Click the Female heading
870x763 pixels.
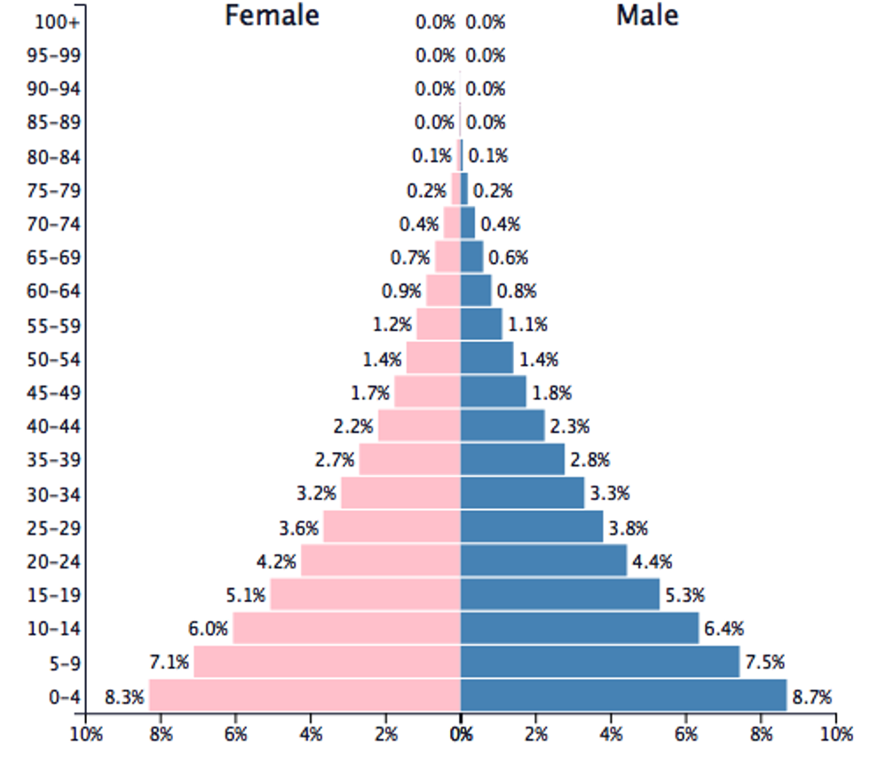tap(272, 16)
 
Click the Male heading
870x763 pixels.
tap(647, 16)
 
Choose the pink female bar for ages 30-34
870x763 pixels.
tap(400, 493)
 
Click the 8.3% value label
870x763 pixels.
tap(124, 696)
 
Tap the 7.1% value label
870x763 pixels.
tap(169, 663)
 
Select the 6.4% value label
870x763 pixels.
tap(724, 629)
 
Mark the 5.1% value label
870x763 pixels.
tap(246, 595)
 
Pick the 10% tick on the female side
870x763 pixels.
tap(86, 735)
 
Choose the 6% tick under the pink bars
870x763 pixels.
tap(235, 735)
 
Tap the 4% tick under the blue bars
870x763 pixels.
tap(611, 735)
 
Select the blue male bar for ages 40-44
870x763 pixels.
tap(502, 425)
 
